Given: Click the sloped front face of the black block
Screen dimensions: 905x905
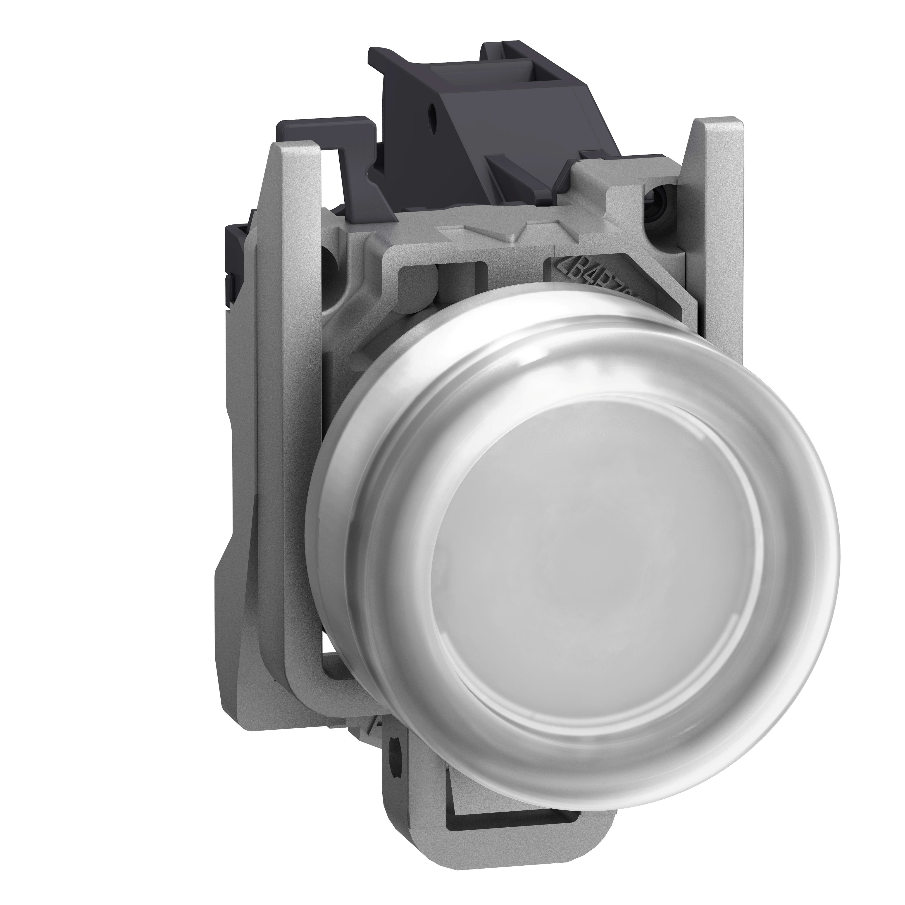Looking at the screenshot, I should (x=422, y=159).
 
